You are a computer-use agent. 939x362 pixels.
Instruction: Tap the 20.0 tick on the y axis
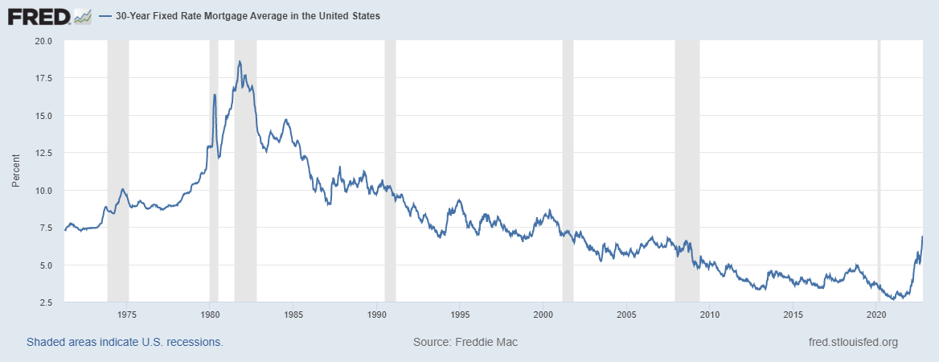coord(43,40)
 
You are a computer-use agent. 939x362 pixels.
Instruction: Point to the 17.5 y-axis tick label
coord(43,78)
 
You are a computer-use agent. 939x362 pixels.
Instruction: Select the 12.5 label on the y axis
coord(43,153)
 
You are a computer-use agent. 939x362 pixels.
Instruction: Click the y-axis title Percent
coord(17,171)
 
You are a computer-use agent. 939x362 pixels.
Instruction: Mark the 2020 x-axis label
coord(877,314)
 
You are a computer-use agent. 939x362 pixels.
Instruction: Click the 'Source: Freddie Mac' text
coord(465,343)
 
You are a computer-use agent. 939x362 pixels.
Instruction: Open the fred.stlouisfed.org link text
coord(852,343)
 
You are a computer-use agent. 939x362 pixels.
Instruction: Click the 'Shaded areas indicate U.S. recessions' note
coord(125,343)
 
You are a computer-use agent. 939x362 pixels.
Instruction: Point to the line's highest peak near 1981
coord(239,61)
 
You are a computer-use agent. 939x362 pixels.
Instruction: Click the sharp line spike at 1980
coord(215,95)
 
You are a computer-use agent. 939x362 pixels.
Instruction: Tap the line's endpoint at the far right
coord(922,236)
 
